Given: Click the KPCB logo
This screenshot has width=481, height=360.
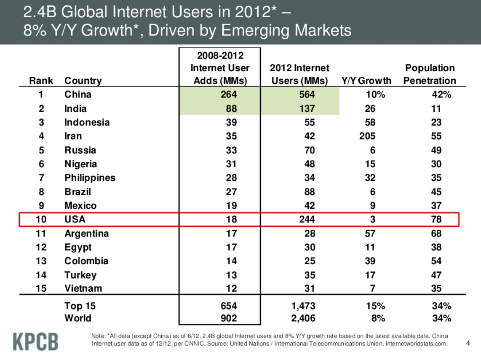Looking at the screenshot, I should pos(35,341).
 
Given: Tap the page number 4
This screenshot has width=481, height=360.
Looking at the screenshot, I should pos(468,343).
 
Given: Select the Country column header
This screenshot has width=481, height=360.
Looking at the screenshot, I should pos(83,81).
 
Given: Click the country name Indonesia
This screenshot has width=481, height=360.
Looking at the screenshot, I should pos(87,122).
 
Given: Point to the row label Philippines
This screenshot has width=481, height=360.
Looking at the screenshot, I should pos(90,178).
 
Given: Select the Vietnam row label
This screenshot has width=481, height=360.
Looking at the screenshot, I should pos(83,289).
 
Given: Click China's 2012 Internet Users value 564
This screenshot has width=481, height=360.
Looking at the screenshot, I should pos(306,95).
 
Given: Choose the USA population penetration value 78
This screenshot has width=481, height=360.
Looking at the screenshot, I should pos(436,219).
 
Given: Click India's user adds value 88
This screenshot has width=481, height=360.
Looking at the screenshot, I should pos(231,109).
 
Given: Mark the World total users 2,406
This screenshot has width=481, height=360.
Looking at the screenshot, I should pos(303,318).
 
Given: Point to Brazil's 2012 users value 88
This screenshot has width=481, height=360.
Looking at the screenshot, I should pos(309,192).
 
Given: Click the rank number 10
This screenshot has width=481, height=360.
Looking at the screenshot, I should pos(41,219).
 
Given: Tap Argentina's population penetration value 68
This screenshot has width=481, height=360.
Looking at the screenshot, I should pos(436,234).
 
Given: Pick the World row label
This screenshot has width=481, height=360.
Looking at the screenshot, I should pos(77,318).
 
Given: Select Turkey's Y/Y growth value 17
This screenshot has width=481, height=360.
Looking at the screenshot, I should pos(370,275).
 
